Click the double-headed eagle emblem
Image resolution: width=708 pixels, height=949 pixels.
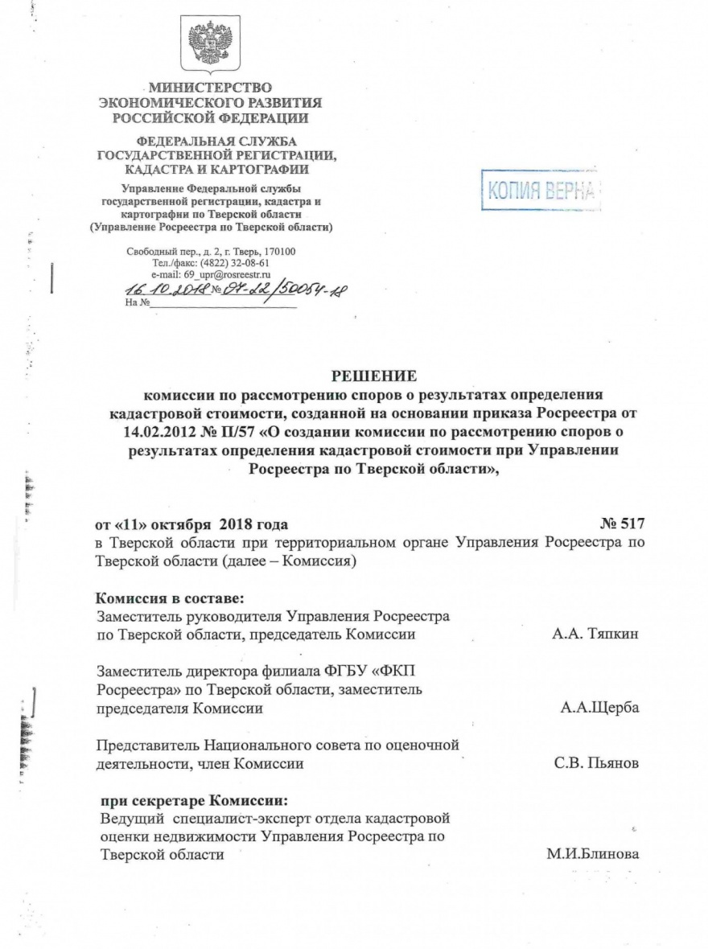210,45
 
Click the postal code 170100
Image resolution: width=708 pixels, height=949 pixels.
278,251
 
